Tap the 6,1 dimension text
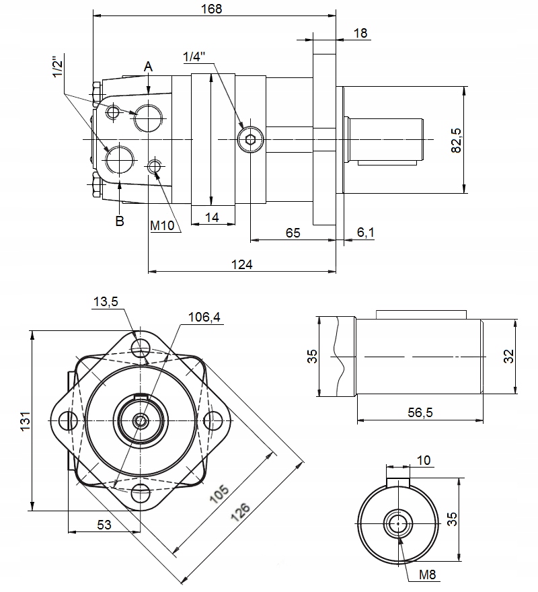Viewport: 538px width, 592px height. coord(366,233)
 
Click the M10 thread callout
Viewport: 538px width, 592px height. coord(162,226)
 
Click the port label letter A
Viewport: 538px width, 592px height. coord(149,66)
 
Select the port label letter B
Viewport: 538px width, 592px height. coord(120,221)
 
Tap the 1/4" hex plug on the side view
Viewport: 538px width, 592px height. coord(249,139)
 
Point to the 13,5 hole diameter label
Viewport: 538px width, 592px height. coord(106,302)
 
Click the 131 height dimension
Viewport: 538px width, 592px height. coord(25,421)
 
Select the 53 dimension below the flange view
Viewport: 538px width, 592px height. coord(104,525)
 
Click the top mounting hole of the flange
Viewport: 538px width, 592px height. coord(141,348)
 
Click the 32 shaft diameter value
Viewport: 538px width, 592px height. coord(508,356)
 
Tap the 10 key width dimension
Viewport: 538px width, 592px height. coord(423,460)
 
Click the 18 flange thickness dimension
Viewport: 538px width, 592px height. coord(360,33)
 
